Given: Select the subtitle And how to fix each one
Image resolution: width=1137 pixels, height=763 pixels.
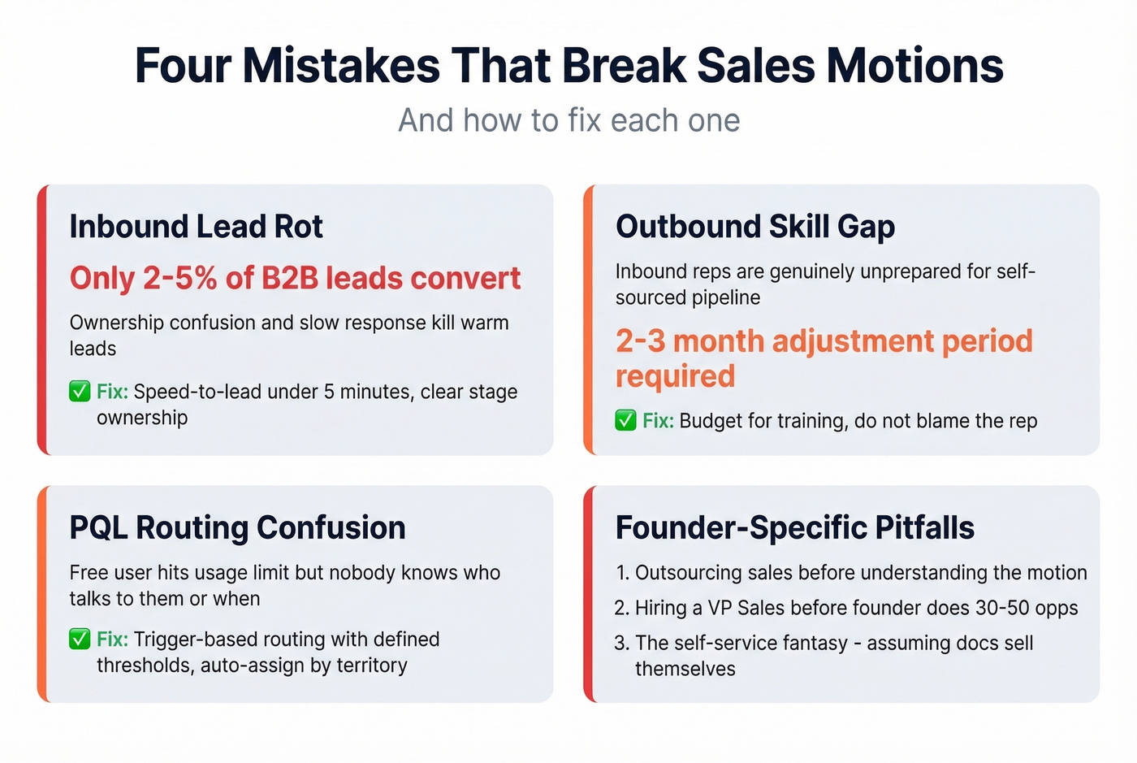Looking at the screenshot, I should coord(568,120).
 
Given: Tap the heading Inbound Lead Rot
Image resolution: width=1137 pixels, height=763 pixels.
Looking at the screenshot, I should coord(196,226).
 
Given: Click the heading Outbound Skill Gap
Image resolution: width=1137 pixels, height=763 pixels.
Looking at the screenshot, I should coord(754,226).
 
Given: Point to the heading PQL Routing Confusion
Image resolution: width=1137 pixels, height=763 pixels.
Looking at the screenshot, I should coord(237,527).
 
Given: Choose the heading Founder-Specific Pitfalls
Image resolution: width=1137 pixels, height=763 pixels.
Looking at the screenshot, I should coord(794,527).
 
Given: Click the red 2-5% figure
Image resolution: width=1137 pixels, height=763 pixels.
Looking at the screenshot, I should coord(179,278).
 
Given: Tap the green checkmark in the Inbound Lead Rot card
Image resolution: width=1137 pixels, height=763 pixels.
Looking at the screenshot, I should coord(80,392).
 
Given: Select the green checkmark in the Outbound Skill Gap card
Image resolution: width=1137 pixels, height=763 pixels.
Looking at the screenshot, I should coord(625,421).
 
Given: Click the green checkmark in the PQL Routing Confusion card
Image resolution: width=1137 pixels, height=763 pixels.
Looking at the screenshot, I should coord(80,639).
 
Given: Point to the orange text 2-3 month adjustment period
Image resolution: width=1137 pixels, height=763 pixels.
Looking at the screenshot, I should coord(824,341).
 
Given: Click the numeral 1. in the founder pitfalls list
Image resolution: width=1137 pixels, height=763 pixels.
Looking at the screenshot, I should coord(622,573).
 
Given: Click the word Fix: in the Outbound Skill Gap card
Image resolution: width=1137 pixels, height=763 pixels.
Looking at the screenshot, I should coord(658,421).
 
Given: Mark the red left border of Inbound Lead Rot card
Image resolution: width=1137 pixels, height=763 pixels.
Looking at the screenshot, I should coord(43,319).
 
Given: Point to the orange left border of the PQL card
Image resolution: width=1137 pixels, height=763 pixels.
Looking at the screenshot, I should coord(43,594).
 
